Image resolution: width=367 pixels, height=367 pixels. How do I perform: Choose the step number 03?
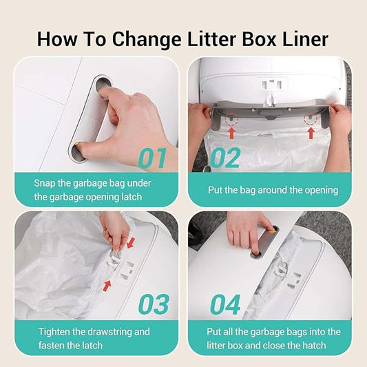153,304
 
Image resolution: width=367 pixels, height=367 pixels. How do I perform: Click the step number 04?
224,304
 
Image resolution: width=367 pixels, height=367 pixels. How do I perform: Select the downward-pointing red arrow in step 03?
132,242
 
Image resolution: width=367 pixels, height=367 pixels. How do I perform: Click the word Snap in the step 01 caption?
47,183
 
